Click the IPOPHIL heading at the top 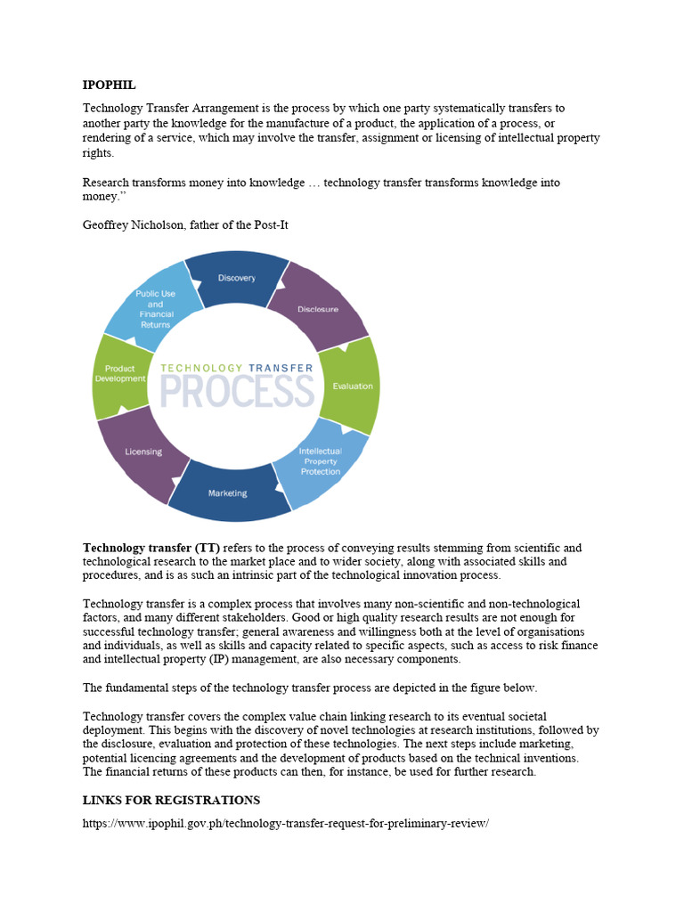click(x=109, y=85)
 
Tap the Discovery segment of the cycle click(x=236, y=279)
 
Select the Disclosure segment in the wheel click(x=318, y=309)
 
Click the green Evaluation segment click(x=353, y=386)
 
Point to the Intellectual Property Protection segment click(x=320, y=460)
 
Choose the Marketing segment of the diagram click(x=228, y=493)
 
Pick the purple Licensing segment click(x=143, y=452)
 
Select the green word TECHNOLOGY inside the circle click(x=201, y=367)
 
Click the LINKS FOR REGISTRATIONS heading click(x=171, y=800)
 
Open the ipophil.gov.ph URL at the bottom click(x=286, y=823)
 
